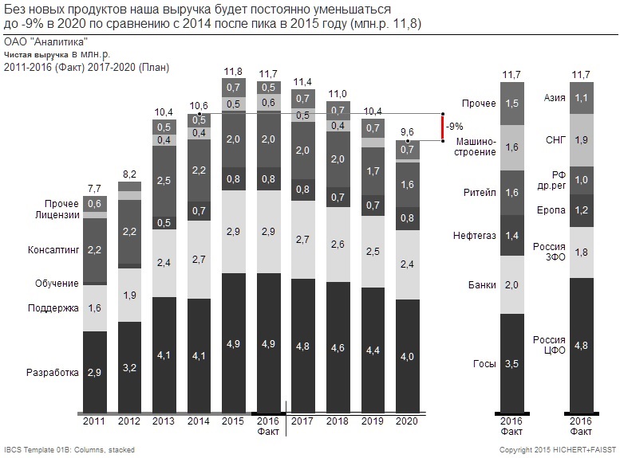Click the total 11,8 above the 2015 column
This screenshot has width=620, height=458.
point(234,72)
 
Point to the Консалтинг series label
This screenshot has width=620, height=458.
point(54,250)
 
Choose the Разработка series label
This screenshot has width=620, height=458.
point(53,372)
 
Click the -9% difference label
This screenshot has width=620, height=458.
point(454,127)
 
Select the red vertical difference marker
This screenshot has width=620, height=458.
point(441,127)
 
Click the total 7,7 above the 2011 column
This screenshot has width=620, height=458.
point(95,189)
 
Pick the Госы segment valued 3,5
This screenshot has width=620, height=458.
point(511,364)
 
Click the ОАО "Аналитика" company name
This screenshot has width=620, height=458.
point(45,41)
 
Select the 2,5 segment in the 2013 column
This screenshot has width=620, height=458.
point(164,182)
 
